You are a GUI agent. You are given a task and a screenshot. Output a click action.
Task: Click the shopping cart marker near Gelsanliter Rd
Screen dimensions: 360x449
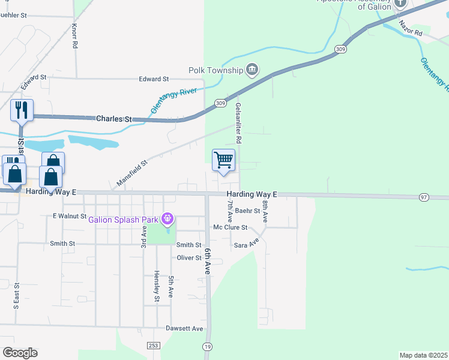tap(223, 160)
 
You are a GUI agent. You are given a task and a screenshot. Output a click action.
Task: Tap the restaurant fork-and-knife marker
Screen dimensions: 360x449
tap(22, 110)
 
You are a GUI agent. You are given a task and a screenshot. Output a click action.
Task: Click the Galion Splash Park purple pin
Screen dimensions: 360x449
tap(168, 218)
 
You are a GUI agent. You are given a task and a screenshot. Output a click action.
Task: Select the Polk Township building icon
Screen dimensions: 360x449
tap(252, 70)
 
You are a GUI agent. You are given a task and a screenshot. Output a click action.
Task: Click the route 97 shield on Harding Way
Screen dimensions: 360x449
tap(423, 197)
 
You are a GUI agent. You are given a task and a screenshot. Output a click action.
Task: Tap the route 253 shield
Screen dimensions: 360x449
tap(154, 346)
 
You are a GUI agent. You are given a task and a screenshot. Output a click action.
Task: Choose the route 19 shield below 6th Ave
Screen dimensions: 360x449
tap(208, 346)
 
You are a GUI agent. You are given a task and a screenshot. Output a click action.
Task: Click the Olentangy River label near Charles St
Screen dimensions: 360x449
tap(173, 97)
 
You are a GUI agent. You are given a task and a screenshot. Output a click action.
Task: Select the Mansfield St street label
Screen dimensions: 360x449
tap(132, 173)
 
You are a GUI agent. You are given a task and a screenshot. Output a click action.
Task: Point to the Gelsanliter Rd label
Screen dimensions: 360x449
tap(238, 122)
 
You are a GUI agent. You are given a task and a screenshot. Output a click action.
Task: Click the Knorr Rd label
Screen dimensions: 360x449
tap(74, 36)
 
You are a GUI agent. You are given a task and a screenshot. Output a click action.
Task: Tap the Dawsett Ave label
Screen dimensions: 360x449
tap(185, 329)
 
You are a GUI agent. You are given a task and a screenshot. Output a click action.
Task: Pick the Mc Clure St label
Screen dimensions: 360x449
tap(231, 227)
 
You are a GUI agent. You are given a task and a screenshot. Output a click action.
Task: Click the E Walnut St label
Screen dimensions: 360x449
tap(67, 215)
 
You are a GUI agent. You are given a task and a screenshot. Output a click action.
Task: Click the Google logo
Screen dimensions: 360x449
tap(20, 353)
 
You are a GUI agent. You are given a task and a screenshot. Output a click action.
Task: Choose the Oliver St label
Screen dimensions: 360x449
tap(188, 258)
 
